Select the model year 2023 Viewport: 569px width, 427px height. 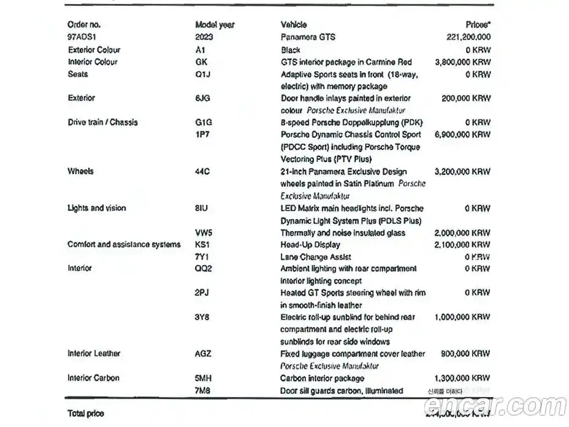204,37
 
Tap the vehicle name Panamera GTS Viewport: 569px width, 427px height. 308,37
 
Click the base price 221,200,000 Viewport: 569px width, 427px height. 468,37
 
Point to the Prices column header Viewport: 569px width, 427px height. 478,25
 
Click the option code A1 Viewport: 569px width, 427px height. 199,50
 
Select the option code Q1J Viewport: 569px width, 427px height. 202,74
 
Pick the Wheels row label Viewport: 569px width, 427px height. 80,171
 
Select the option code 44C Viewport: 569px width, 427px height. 202,171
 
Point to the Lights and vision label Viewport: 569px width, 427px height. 96,208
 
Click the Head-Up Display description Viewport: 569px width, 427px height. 310,245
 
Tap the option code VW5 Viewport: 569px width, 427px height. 204,233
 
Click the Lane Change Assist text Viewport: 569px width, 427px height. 316,257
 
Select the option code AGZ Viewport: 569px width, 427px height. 203,353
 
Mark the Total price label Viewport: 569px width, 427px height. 86,414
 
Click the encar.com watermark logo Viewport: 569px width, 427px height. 495,405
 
